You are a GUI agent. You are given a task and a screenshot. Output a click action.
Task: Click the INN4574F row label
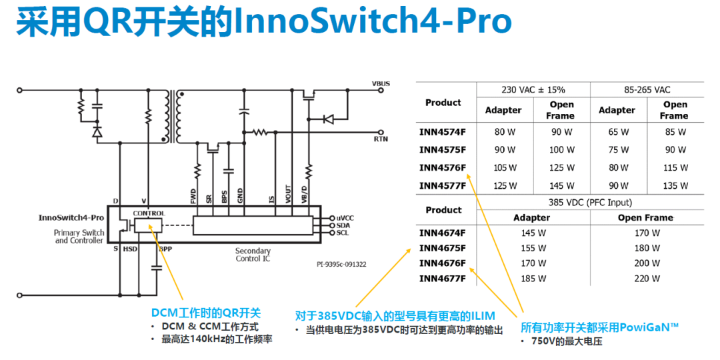pos(442,132)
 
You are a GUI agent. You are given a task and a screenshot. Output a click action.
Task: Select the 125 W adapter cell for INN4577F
pos(505,186)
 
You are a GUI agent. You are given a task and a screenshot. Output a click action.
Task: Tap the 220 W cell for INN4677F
pos(647,278)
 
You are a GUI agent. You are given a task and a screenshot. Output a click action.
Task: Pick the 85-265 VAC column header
pos(647,90)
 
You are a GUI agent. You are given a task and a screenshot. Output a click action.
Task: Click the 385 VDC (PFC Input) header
pos(590,201)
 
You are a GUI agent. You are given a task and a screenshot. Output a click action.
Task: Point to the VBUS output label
pos(381,83)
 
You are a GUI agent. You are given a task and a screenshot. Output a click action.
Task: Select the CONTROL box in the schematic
pos(148,225)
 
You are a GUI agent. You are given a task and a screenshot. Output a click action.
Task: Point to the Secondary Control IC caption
pos(253,255)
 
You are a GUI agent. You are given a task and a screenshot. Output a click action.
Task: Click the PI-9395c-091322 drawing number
pos(341,265)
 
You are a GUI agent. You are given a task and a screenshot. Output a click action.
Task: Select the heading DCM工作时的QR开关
pos(206,313)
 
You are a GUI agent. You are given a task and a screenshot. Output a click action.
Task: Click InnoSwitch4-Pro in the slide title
pos(373,21)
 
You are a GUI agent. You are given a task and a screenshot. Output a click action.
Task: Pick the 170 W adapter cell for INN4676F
pos(533,263)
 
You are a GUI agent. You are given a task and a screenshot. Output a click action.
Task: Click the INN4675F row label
pos(442,249)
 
